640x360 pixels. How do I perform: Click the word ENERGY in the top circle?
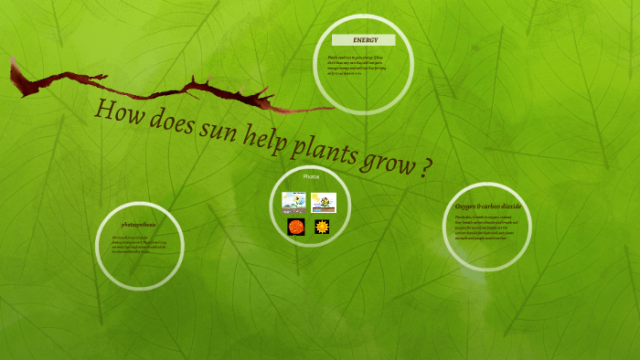coord(365,40)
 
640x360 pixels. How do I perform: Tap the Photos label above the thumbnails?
coord(311,175)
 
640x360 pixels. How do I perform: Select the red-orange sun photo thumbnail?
coord(295,227)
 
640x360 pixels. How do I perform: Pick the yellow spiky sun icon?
coord(322,227)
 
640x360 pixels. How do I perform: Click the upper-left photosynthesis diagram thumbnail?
coord(294,202)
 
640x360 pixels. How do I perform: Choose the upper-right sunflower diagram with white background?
coord(323,202)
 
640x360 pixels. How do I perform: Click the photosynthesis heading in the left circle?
coord(139,224)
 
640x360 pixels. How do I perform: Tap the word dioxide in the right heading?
coord(509,206)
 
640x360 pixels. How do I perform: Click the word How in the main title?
coord(114,111)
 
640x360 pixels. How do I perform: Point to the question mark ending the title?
coord(426,171)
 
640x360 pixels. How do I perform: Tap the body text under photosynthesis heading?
coord(139,244)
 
